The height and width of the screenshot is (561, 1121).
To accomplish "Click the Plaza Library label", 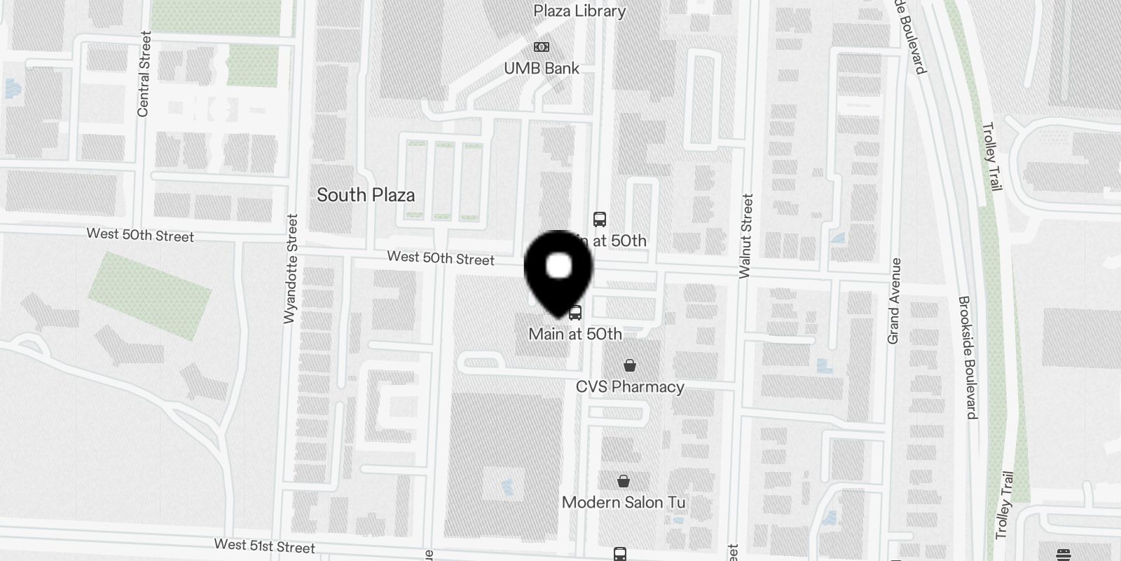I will [x=579, y=11].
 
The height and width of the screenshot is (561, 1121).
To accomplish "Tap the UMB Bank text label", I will [x=542, y=68].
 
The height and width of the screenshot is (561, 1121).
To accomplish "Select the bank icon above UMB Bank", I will [x=542, y=47].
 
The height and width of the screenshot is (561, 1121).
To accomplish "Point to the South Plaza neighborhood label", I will [x=366, y=195].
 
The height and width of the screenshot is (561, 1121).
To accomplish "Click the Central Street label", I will [x=144, y=74].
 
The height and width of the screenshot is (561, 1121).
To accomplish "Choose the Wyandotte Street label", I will [x=291, y=269].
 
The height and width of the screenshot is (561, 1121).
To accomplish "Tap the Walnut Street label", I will [x=746, y=236].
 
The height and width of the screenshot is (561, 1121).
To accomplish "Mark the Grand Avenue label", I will [x=894, y=301].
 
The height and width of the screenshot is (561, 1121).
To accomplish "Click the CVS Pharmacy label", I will [x=630, y=387].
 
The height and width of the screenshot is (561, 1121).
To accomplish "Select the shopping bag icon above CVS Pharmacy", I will [x=630, y=365].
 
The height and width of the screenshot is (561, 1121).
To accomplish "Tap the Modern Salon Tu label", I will [x=624, y=502].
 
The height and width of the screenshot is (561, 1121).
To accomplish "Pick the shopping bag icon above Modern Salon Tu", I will [x=624, y=481].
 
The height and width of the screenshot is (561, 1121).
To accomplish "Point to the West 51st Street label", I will [x=264, y=546].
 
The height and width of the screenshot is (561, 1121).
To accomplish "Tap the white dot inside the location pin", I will [x=558, y=266].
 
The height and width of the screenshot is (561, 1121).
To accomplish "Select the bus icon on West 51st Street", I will [x=619, y=554].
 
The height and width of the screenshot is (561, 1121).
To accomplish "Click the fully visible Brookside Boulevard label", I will [x=968, y=357].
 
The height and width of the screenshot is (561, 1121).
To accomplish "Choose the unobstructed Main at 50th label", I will [x=575, y=334].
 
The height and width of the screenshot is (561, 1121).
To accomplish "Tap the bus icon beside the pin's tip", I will [x=575, y=313].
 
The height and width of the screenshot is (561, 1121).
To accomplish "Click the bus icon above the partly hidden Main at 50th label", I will [x=600, y=219].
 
